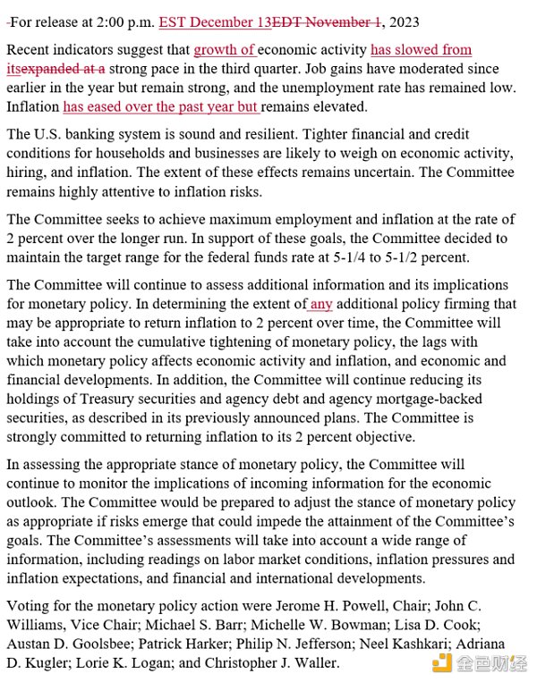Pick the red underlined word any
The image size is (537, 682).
[321, 304]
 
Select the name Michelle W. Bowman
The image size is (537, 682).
[335, 625]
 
